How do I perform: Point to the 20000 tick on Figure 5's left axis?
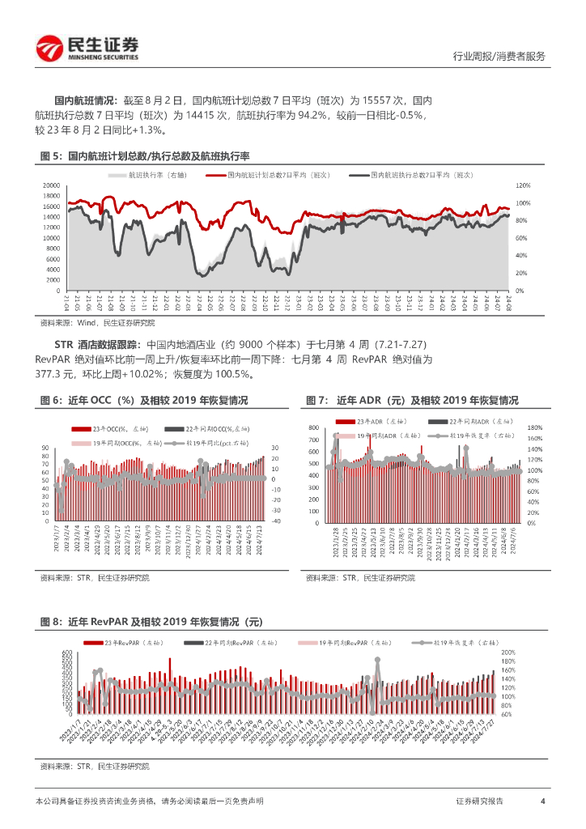pyautogui.click(x=52, y=185)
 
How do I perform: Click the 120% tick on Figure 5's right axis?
pyautogui.click(x=523, y=185)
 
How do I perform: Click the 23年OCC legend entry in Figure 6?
pyautogui.click(x=113, y=428)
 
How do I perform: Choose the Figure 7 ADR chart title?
pyautogui.click(x=412, y=401)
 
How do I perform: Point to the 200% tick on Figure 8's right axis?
pyautogui.click(x=509, y=652)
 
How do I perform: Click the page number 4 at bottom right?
pyautogui.click(x=542, y=801)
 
